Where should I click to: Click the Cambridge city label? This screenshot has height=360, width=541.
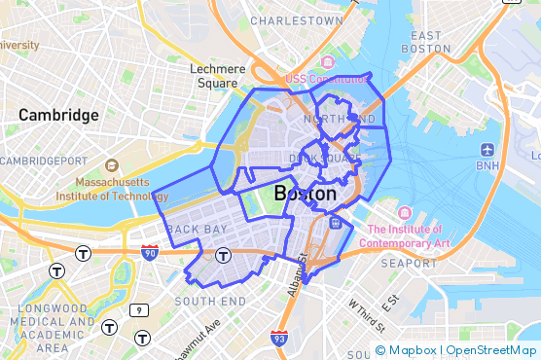pos(58,115)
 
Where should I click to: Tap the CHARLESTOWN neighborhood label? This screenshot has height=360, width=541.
pos(297,19)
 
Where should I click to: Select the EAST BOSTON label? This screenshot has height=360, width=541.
pos(425,42)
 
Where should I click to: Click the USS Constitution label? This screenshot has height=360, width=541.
pos(326,78)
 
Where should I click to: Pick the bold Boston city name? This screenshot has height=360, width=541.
pos(306,194)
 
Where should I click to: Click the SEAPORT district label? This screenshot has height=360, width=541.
pos(409,263)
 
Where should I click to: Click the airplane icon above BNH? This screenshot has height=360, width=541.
pos(487,150)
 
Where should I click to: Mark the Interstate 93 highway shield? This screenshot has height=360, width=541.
pos(279,338)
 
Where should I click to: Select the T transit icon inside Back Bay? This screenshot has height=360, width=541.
pos(223,256)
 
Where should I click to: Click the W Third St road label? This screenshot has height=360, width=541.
pos(361,314)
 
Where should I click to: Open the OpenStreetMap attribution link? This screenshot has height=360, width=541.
pos(491,350)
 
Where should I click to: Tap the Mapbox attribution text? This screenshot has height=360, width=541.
pos(413,350)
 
